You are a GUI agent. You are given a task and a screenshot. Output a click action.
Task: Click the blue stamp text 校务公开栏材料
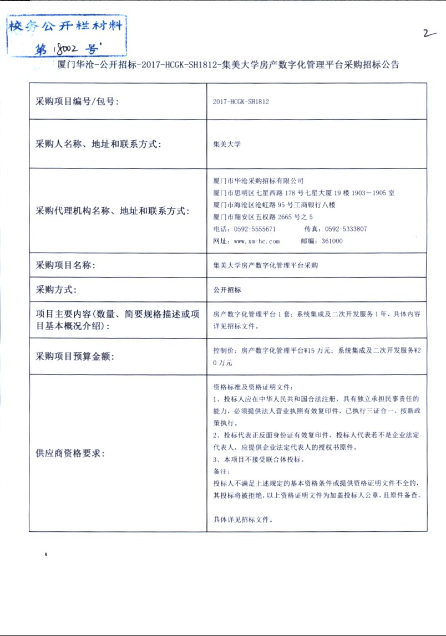tap(64, 25)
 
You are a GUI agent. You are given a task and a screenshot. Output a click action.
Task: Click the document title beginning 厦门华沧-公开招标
tap(228, 64)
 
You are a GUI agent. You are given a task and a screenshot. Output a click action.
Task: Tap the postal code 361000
tap(332, 241)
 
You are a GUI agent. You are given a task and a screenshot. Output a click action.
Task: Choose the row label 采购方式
tap(56, 289)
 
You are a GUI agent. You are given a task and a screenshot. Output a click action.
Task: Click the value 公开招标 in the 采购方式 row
tap(227, 290)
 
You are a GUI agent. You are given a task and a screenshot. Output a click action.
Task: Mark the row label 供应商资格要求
tap(70, 453)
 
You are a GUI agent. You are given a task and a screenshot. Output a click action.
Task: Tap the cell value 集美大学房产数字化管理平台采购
tap(265, 265)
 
